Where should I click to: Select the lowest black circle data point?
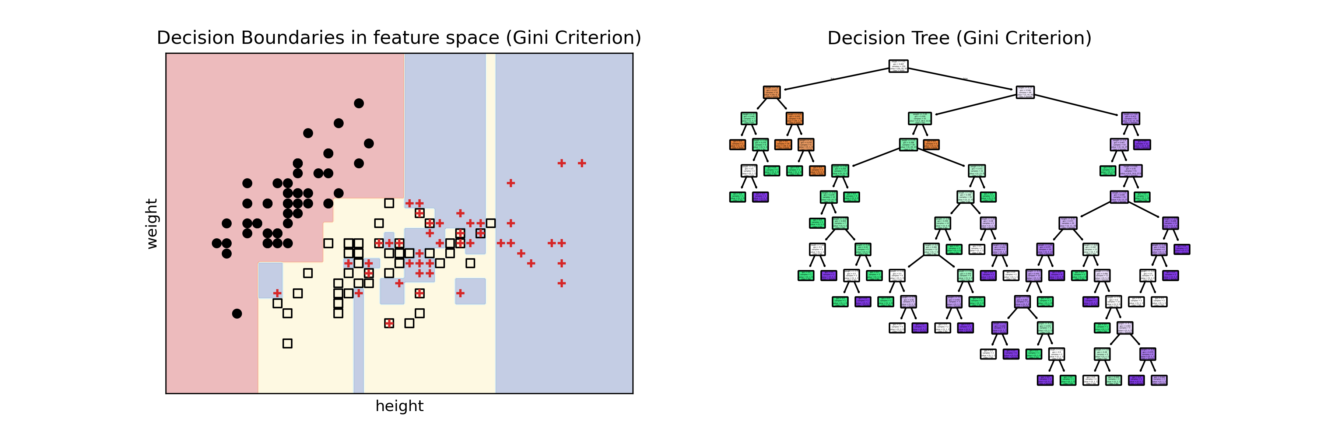tap(237, 313)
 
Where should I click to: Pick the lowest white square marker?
tap(287, 343)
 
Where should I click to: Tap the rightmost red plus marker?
tap(582, 163)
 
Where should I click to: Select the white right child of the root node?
tap(1025, 92)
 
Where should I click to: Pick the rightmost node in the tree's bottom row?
tap(1159, 380)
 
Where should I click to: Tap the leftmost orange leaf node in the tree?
tap(737, 145)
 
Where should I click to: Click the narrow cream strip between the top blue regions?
tap(491, 129)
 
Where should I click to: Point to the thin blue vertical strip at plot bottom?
tap(358, 360)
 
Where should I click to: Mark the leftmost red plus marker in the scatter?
tap(277, 293)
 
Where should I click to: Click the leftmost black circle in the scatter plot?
tap(217, 243)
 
